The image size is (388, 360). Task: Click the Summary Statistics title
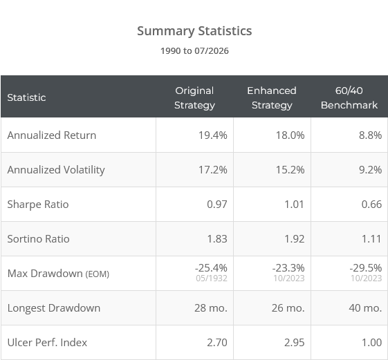[194, 31]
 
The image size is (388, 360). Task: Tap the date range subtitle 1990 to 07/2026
[194, 51]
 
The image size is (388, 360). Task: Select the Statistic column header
[26, 97]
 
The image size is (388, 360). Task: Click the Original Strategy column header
[194, 98]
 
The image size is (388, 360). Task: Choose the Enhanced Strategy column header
[272, 98]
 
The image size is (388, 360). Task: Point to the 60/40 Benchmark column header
[349, 98]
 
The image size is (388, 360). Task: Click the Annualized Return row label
[52, 135]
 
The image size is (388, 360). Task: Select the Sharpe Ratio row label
[38, 205]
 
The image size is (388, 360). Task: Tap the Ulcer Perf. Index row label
[47, 343]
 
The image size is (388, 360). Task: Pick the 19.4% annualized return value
[213, 135]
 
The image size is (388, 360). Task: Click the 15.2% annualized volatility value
[290, 170]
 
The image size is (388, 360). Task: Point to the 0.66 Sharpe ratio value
[371, 205]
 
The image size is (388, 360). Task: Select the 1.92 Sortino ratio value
[294, 239]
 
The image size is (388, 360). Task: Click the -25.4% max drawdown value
[211, 268]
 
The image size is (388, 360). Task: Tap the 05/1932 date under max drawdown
[212, 278]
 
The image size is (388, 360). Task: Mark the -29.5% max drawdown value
[366, 268]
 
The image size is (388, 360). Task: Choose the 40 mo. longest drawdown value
[365, 308]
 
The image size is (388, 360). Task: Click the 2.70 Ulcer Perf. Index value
[217, 343]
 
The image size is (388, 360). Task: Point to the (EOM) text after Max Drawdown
[98, 274]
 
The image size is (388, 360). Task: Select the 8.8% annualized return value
[371, 135]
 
